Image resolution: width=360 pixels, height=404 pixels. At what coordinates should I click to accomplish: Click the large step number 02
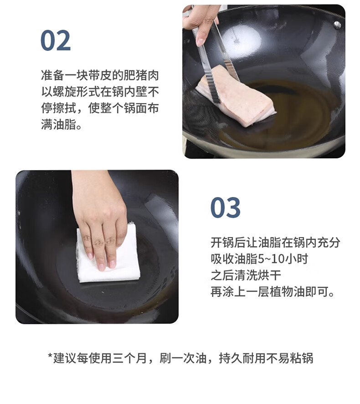[55, 41]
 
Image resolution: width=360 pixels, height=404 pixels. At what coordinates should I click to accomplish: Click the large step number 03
[225, 207]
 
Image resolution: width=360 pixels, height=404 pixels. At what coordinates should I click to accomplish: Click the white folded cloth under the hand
[108, 254]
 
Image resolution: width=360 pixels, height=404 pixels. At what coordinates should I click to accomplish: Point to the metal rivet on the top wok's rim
[337, 25]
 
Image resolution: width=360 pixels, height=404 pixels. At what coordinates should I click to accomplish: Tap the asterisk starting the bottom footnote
[50, 356]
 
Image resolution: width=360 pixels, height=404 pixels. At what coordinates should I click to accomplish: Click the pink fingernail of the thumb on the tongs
[200, 42]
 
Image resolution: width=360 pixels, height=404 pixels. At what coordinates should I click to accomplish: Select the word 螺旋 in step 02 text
[59, 92]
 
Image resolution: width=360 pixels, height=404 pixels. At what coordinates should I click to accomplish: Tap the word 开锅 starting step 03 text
[222, 243]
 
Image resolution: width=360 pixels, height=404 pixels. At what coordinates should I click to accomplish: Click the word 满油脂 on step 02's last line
[59, 124]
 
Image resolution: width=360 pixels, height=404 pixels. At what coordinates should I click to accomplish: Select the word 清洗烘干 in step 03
[258, 275]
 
